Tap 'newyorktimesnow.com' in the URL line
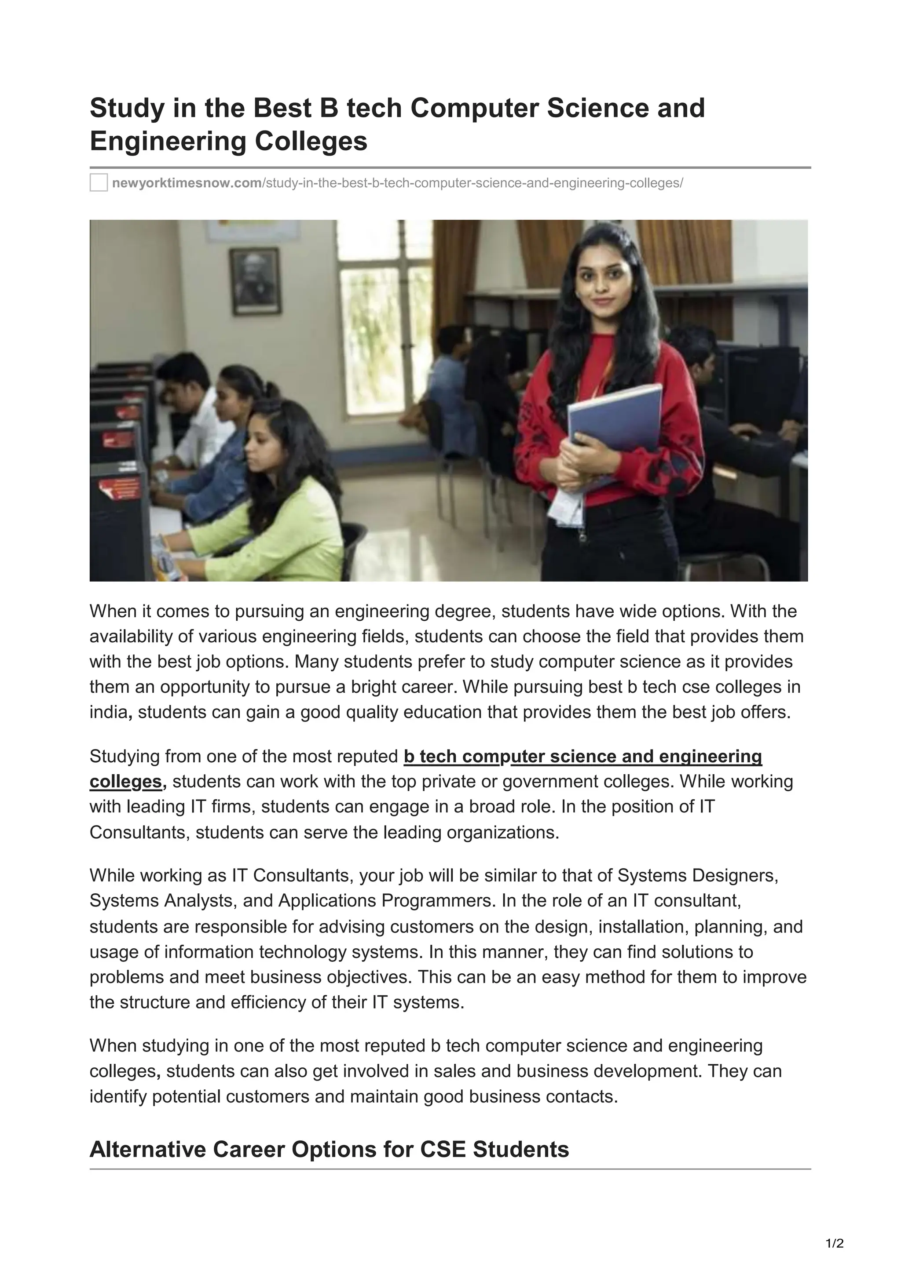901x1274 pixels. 187,183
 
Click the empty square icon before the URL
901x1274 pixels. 99,182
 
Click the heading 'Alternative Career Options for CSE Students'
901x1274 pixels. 329,1149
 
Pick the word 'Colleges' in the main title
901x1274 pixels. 311,141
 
